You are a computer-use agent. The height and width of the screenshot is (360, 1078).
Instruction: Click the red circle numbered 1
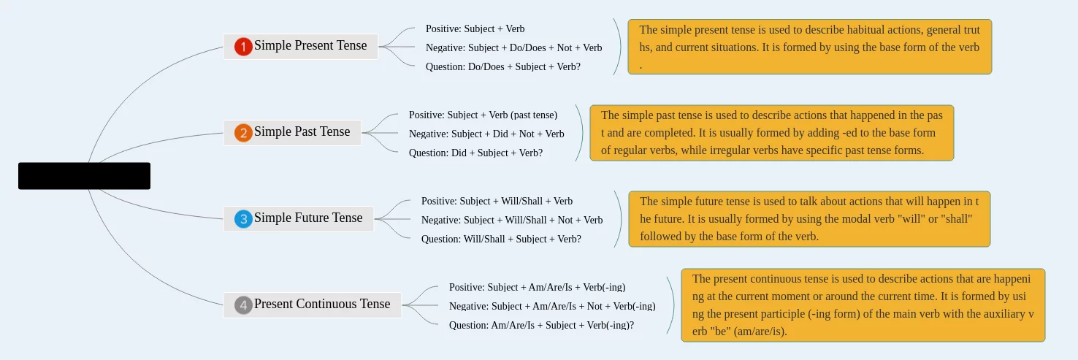pyautogui.click(x=243, y=47)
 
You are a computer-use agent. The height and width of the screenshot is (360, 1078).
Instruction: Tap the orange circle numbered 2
pyautogui.click(x=243, y=133)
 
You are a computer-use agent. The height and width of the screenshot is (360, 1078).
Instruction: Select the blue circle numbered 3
pyautogui.click(x=243, y=219)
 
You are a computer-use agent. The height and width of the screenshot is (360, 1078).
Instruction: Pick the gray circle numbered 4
pyautogui.click(x=243, y=305)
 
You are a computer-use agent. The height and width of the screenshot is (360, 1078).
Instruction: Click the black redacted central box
pyautogui.click(x=84, y=176)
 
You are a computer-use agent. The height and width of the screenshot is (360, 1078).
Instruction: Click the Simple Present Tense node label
pyautogui.click(x=310, y=46)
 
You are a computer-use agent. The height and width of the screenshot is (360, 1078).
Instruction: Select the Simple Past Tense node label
pyautogui.click(x=302, y=132)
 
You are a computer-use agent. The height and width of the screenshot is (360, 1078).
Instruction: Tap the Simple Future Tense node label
pyautogui.click(x=308, y=218)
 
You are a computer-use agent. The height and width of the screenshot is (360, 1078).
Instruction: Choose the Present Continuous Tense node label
pyautogui.click(x=322, y=305)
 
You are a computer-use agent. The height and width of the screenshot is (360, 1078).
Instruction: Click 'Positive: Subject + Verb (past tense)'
pyautogui.click(x=483, y=115)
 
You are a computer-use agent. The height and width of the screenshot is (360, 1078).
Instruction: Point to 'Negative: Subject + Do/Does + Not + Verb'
pyautogui.click(x=513, y=47)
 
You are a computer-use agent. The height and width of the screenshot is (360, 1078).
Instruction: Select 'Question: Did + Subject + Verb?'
pyautogui.click(x=475, y=153)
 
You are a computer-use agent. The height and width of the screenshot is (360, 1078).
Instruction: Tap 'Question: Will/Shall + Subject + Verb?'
pyautogui.click(x=501, y=240)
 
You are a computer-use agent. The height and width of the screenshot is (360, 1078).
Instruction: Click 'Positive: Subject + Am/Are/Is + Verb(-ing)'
pyautogui.click(x=537, y=287)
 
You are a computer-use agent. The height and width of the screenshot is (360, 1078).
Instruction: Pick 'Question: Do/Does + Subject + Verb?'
pyautogui.click(x=503, y=67)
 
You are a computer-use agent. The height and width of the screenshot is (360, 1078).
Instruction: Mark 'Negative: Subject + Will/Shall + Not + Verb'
pyautogui.click(x=512, y=220)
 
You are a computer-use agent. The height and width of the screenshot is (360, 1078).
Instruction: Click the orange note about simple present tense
pyautogui.click(x=810, y=47)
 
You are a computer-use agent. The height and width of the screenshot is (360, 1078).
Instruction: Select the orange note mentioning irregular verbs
pyautogui.click(x=772, y=133)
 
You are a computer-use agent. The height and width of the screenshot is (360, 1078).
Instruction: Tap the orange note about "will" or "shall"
pyautogui.click(x=809, y=219)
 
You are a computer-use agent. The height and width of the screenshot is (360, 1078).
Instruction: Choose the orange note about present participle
pyautogui.click(x=863, y=305)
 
